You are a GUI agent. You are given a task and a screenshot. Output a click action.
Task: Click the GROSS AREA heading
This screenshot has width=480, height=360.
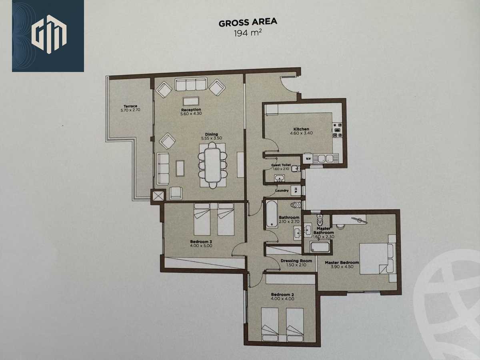(x=248, y=23)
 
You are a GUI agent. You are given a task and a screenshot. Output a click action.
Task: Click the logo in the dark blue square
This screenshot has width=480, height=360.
(x=48, y=36)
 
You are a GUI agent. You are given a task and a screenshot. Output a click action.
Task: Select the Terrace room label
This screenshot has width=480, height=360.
(x=130, y=106)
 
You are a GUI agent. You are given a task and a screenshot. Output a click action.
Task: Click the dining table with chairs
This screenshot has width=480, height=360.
(x=212, y=165)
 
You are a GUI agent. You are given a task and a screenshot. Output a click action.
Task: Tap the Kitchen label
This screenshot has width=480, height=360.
(x=301, y=129)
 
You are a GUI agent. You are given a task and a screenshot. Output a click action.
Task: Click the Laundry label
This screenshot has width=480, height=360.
(x=282, y=190)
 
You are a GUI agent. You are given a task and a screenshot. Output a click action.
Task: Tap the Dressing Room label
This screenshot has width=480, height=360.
(x=296, y=261)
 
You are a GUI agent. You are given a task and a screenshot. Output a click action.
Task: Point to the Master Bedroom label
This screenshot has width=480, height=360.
(x=342, y=263)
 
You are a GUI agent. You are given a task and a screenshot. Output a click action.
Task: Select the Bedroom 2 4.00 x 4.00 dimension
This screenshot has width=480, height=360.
(x=282, y=299)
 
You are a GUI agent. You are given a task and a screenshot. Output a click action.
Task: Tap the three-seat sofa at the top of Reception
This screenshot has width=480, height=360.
(x=190, y=85)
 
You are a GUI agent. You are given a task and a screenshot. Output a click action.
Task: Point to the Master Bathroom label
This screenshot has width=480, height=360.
(x=323, y=230)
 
